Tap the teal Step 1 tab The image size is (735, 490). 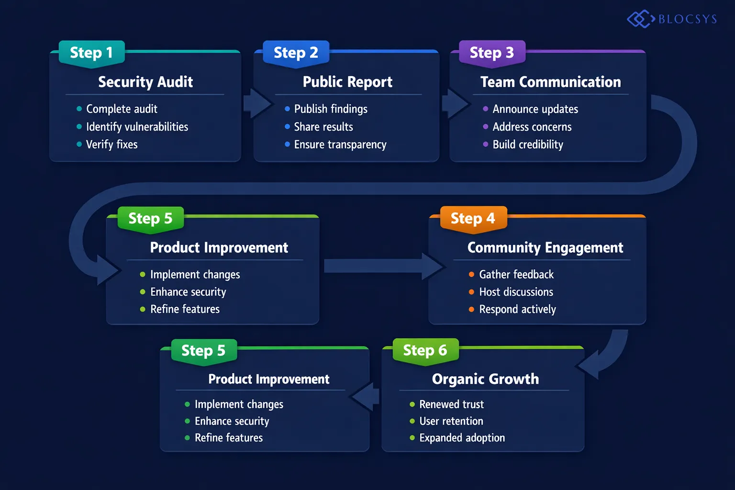(x=91, y=53)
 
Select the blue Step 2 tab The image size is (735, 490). (x=296, y=53)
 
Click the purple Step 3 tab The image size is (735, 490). (x=492, y=53)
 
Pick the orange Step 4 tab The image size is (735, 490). (x=473, y=219)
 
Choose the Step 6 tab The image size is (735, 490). (x=425, y=350)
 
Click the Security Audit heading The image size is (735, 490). (x=145, y=82)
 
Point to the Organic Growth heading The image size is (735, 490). (x=485, y=379)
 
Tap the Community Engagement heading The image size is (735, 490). (x=545, y=247)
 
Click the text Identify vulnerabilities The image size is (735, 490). (x=137, y=127)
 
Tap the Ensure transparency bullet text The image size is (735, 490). (x=340, y=145)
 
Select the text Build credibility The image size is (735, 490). (x=528, y=145)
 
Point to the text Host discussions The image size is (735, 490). (x=516, y=292)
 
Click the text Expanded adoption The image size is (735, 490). (x=462, y=438)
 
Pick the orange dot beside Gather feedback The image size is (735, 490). (x=471, y=274)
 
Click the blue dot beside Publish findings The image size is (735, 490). (x=287, y=109)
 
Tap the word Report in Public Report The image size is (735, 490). (x=370, y=82)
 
